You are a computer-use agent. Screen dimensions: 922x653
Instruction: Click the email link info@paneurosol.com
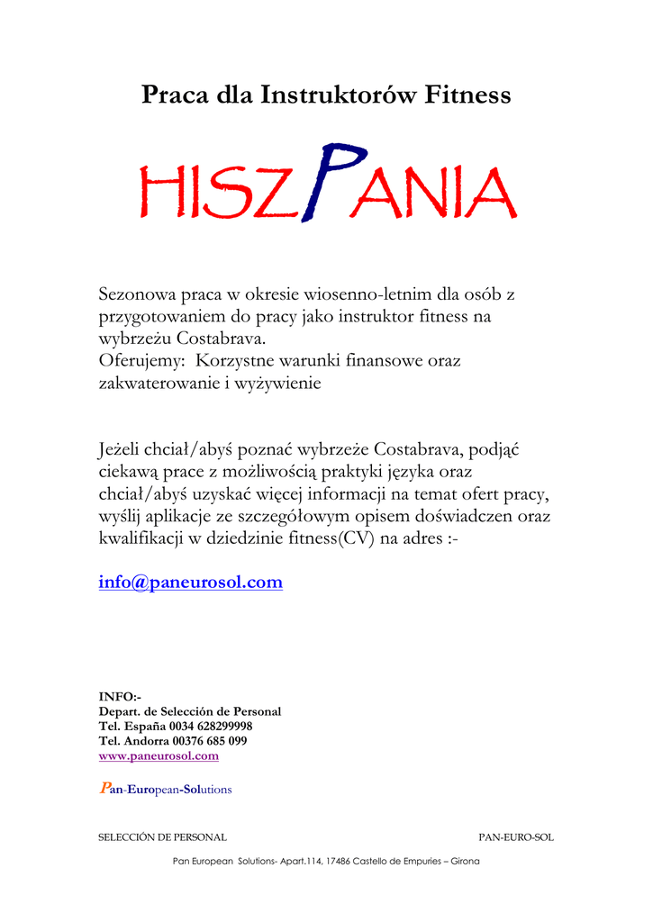coord(190,583)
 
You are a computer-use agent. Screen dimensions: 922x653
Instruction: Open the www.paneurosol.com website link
coord(158,756)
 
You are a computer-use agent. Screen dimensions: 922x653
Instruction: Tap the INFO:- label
coord(119,696)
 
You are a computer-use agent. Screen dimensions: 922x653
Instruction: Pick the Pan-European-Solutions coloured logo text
coord(165,790)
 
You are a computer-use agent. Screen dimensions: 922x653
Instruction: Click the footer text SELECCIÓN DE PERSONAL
coord(162,837)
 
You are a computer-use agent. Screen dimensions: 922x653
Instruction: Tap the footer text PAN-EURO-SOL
coord(515,837)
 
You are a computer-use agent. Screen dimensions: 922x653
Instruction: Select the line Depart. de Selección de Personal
coord(189,711)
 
